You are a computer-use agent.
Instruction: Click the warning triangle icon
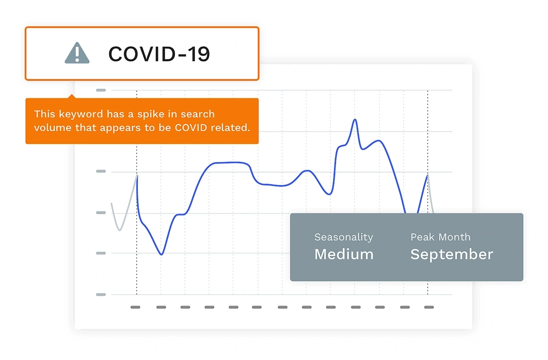(77, 53)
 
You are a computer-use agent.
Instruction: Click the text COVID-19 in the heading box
(159, 54)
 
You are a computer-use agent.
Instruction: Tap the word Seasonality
(343, 238)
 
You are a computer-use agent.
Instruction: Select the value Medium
(344, 254)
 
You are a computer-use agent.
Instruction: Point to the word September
(452, 255)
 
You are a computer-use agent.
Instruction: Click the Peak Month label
(440, 237)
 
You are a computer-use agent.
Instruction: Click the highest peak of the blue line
(355, 119)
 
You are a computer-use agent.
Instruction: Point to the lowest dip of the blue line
(162, 254)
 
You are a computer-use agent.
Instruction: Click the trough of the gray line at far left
(120, 230)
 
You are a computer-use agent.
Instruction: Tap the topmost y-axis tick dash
(101, 90)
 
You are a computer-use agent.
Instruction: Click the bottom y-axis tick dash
(101, 294)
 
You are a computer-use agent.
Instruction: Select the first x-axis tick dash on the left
(135, 307)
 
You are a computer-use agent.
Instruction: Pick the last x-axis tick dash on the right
(429, 307)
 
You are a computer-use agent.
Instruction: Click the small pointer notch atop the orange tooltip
(72, 96)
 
